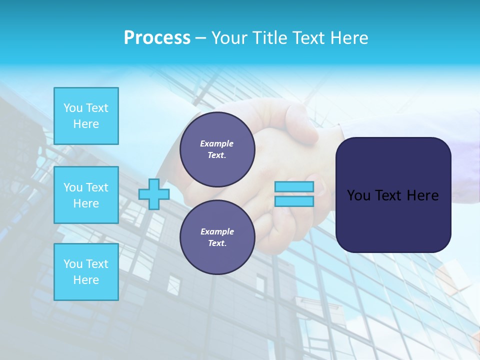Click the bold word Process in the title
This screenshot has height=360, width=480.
pos(157,38)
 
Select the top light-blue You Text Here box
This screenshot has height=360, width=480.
pos(86,116)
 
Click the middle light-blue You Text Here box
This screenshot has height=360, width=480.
pos(86,195)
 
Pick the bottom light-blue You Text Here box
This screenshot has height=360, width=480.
pos(86,272)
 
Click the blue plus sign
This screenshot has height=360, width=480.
pos(154,194)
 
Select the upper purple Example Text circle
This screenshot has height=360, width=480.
pos(217,149)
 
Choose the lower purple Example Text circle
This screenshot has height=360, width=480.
pos(217,237)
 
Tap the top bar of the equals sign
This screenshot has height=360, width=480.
pos(294,187)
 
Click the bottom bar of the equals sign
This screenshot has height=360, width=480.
pos(294,201)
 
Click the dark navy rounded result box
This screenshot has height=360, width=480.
pos(393,220)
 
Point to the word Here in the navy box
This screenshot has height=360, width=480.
pos(423,195)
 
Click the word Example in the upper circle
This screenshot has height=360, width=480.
pos(217,143)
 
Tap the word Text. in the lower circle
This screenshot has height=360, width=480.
pos(217,243)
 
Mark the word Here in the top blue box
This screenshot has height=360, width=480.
pos(86,124)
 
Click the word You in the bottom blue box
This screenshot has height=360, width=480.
pos(73,264)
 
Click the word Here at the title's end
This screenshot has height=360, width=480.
pos(350,38)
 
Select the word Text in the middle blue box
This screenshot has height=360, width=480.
pos(97,187)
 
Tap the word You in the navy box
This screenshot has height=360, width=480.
pos(358,195)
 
